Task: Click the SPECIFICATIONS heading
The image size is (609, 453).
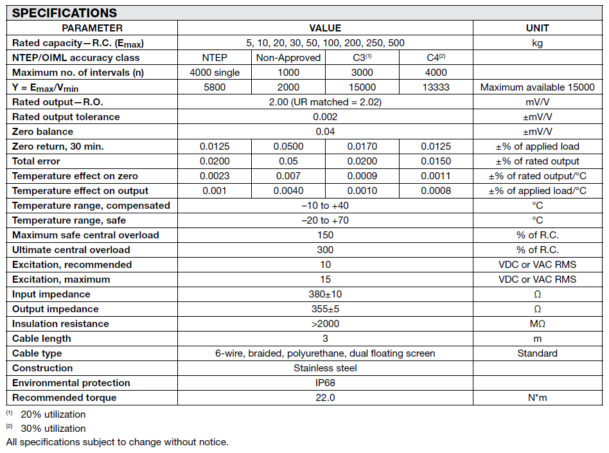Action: (64, 13)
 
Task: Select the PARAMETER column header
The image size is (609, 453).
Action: (92, 28)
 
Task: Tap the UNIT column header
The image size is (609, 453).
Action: (537, 28)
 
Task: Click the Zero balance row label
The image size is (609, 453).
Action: (43, 132)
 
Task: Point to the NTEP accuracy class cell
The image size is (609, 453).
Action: (215, 58)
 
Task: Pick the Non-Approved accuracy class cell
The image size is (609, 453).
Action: (288, 58)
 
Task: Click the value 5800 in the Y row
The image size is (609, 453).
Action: (215, 87)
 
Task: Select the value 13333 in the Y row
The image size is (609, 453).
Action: (436, 87)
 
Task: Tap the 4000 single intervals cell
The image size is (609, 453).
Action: (215, 73)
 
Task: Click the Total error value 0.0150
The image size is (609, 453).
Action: (436, 161)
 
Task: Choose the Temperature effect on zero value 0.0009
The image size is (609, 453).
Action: (362, 176)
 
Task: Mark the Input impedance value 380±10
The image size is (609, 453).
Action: (325, 294)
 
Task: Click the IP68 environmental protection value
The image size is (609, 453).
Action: (325, 383)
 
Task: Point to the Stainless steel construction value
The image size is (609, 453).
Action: (325, 368)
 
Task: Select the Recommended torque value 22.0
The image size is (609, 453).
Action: (325, 398)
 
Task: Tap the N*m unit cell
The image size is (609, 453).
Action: (537, 398)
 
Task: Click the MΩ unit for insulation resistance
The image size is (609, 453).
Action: (537, 324)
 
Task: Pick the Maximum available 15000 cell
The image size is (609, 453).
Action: (537, 87)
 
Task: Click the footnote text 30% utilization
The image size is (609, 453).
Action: (53, 429)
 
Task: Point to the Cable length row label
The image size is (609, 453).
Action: (42, 339)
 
